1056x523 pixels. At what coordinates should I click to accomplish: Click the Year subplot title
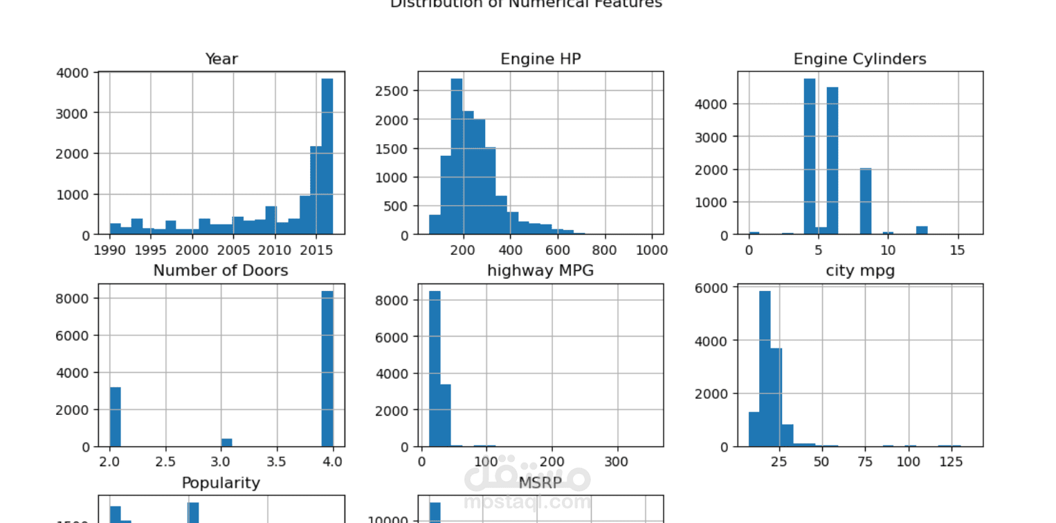click(221, 60)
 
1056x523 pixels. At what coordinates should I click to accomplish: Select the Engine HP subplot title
click(540, 60)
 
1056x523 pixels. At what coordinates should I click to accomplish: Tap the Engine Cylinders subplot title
click(859, 60)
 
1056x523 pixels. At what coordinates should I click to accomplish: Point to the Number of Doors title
click(221, 271)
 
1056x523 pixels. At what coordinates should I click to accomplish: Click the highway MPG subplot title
click(540, 271)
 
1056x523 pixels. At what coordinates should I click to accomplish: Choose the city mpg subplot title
click(860, 271)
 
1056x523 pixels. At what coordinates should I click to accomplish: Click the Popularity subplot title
click(221, 483)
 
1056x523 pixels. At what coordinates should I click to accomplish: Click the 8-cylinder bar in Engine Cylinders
click(866, 202)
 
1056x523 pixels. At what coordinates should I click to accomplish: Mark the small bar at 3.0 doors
click(226, 443)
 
